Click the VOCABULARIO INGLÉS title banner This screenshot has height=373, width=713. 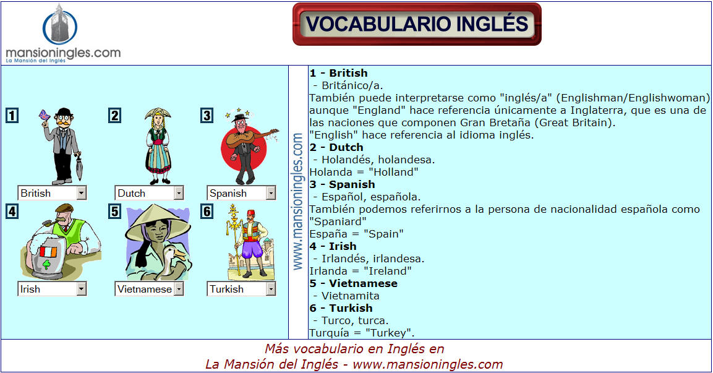click(417, 24)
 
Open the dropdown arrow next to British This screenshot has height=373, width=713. click(82, 193)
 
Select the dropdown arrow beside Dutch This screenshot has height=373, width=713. click(179, 193)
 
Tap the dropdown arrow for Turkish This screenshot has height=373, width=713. click(271, 289)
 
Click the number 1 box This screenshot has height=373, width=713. click(12, 116)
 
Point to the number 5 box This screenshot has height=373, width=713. click(114, 212)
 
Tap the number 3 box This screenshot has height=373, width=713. click(207, 116)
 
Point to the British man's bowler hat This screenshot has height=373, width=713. click(64, 112)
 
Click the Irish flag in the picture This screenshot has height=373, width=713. click(48, 252)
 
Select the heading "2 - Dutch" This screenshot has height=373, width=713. click(336, 147)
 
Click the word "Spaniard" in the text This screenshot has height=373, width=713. click(338, 221)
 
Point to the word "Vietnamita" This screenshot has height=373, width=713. click(350, 296)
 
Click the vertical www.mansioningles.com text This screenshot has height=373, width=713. click(298, 202)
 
